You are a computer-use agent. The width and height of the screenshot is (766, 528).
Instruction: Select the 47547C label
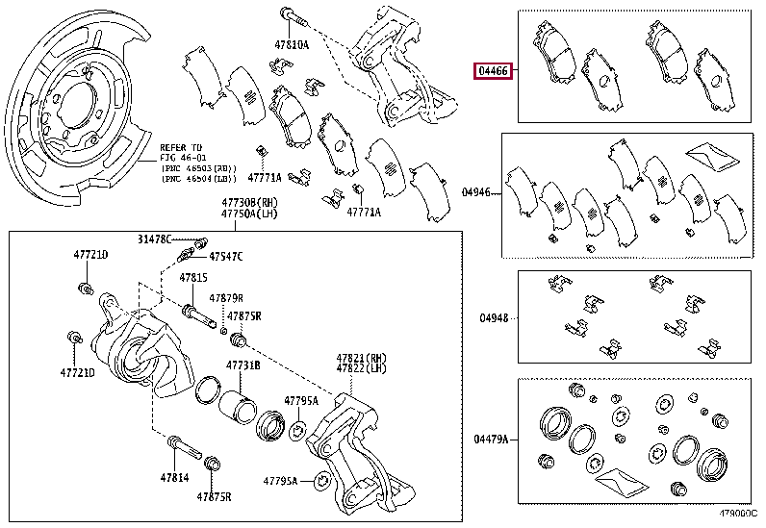pyautogui.click(x=227, y=257)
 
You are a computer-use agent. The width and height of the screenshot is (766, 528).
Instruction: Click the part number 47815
pyautogui.click(x=192, y=277)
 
